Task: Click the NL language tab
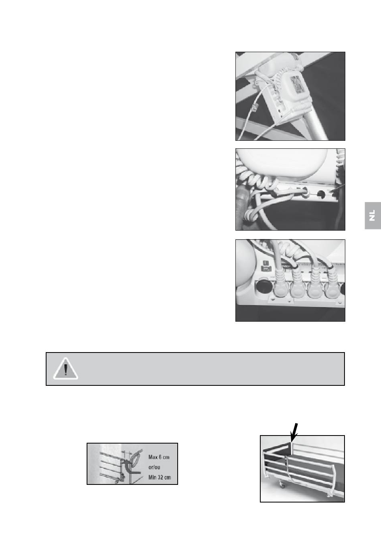click(373, 215)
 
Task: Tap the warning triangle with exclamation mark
click(65, 369)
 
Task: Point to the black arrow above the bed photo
click(294, 432)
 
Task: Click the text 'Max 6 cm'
click(159, 457)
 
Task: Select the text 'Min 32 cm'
click(159, 477)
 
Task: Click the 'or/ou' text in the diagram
click(154, 467)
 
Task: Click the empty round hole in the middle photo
click(321, 194)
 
